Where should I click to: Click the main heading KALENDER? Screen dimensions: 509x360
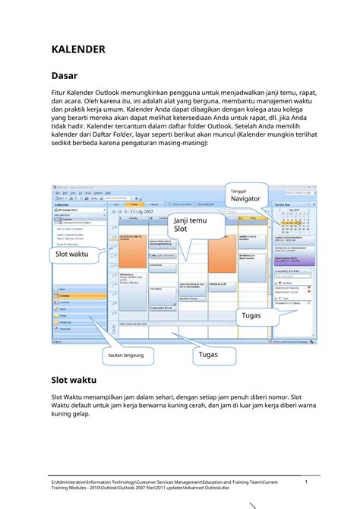coord(77,49)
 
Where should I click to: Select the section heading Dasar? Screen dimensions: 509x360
coord(65,76)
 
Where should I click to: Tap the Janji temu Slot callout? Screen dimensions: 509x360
coord(190,224)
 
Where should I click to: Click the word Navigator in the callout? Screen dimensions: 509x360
coord(248,199)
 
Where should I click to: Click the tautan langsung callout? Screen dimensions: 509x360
coord(125,356)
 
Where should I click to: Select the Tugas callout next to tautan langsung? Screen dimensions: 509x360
coord(208,355)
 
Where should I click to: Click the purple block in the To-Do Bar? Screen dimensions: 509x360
coord(292,258)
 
